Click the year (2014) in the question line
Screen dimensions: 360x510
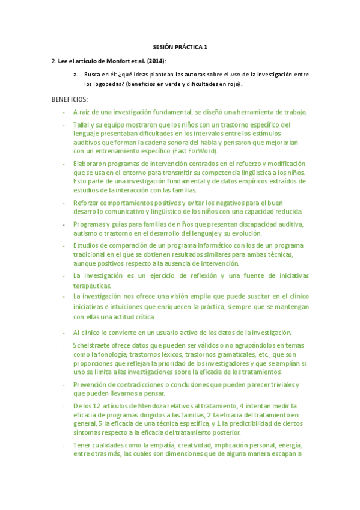point(156,61)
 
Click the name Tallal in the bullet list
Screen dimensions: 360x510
point(82,124)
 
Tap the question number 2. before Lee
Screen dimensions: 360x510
point(54,61)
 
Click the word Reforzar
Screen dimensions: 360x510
point(88,203)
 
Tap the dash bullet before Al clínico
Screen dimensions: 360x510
point(64,332)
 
